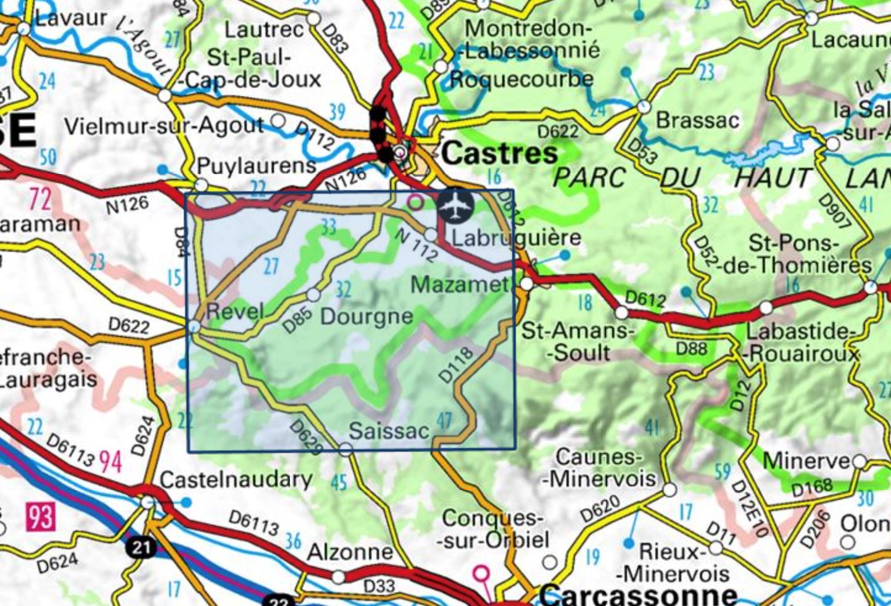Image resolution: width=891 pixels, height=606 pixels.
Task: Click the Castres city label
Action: pyautogui.click(x=500, y=153)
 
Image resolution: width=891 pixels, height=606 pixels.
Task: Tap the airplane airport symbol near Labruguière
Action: pyautogui.click(x=455, y=205)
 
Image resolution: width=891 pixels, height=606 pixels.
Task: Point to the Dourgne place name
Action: pyautogui.click(x=367, y=316)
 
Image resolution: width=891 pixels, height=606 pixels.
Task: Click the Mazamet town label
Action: pyautogui.click(x=460, y=284)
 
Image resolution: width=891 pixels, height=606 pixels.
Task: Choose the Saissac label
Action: pyautogui.click(x=388, y=430)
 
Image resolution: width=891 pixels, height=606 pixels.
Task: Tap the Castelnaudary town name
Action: pyautogui.click(x=236, y=479)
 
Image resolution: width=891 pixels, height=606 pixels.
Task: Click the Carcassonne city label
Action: pyautogui.click(x=639, y=594)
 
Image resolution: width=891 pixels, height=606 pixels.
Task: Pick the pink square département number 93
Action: pyautogui.click(x=41, y=516)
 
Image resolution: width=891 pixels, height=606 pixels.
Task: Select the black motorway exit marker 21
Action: pyautogui.click(x=141, y=547)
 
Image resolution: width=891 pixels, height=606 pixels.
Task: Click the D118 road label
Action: pyautogui.click(x=456, y=365)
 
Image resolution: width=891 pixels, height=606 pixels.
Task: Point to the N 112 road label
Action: pyautogui.click(x=415, y=244)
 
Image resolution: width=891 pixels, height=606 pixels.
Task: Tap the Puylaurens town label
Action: pyautogui.click(x=256, y=165)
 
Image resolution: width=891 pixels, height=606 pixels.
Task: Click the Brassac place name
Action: pyautogui.click(x=697, y=120)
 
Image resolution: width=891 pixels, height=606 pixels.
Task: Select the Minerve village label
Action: pyautogui.click(x=806, y=460)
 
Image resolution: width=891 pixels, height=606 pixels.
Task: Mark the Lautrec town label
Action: pyautogui.click(x=264, y=30)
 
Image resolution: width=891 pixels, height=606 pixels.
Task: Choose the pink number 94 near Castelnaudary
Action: pyautogui.click(x=110, y=461)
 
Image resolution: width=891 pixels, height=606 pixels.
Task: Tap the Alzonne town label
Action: pyautogui.click(x=349, y=551)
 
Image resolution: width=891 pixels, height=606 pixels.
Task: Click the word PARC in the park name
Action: pyautogui.click(x=589, y=178)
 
